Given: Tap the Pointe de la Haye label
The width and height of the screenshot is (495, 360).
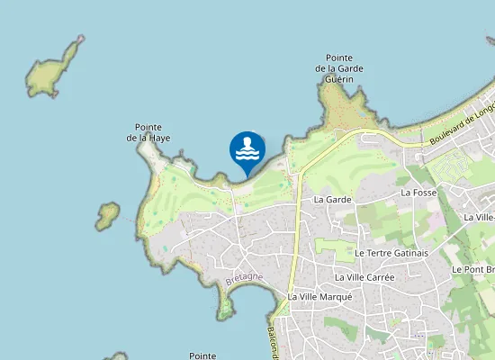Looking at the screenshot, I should point(148,132).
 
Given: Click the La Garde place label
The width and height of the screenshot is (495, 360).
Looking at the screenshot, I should point(332,199).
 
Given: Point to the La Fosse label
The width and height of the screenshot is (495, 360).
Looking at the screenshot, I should point(418,193).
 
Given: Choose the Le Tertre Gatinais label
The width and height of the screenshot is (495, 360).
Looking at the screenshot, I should point(391,254).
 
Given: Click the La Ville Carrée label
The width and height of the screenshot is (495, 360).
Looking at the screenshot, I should point(364,277).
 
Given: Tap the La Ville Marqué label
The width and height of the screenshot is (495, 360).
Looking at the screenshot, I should point(319,297).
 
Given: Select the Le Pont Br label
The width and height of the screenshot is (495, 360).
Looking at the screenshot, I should point(472,269).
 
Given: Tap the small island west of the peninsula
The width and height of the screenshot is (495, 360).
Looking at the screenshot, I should point(107,214).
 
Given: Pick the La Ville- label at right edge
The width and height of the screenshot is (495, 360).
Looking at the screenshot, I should point(478,217).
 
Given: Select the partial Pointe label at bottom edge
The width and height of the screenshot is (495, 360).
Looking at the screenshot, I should point(203,356).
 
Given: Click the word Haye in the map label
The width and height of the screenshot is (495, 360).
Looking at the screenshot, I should point(159,139).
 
